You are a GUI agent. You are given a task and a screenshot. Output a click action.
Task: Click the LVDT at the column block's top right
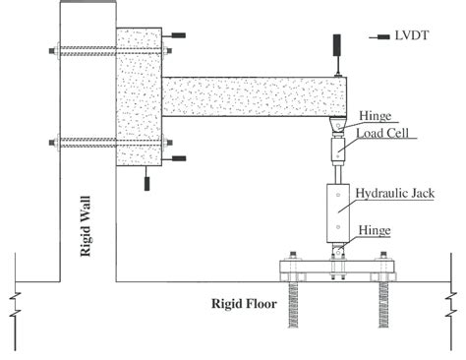pyautogui.click(x=178, y=36)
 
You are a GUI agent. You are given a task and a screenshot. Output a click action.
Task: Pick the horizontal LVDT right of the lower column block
pyautogui.click(x=178, y=157)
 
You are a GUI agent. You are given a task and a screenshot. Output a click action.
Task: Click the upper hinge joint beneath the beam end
pyautogui.click(x=337, y=126)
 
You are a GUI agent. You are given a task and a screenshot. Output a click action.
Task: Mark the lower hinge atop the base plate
pyautogui.click(x=337, y=250)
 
